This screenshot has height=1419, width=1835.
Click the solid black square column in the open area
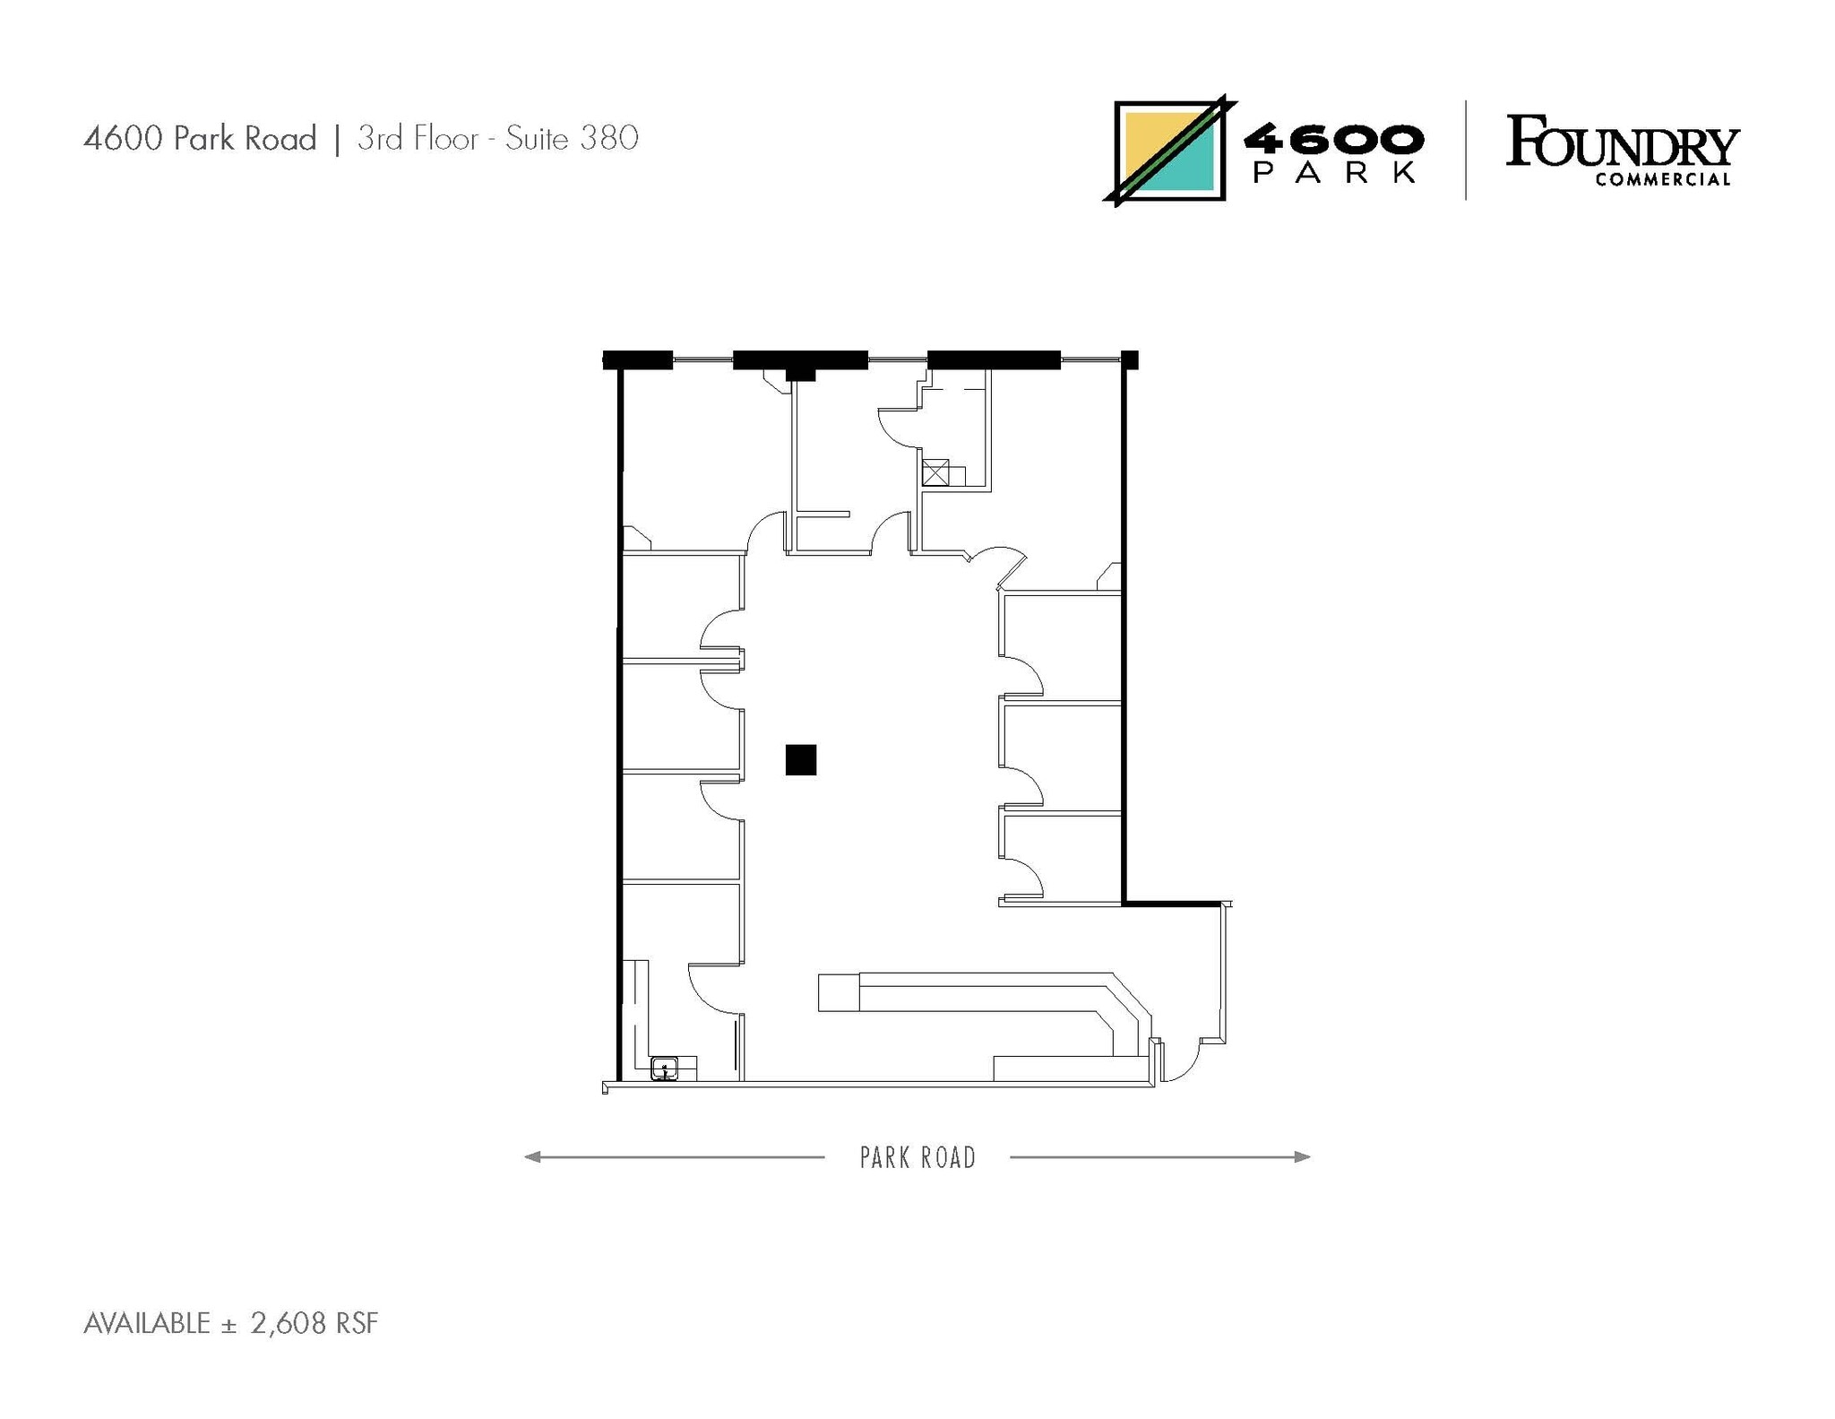coord(800,759)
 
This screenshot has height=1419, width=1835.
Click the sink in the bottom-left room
coord(663,1068)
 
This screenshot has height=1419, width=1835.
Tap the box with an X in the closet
coord(935,472)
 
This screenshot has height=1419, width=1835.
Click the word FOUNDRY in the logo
coord(1622,143)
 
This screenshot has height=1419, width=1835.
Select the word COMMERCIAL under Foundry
coord(1662,179)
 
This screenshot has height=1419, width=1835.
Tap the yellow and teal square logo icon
coord(1169,151)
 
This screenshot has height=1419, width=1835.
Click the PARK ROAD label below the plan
coord(917,1157)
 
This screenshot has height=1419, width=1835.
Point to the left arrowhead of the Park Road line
coord(531,1156)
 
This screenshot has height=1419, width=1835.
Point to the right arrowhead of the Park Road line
coord(1304,1156)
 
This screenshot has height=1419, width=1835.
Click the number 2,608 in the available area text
coord(288,1323)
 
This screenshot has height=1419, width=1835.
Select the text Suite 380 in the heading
coord(572,138)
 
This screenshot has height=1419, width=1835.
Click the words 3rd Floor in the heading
coord(418,138)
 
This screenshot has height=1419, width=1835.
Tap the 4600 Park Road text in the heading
coord(200,138)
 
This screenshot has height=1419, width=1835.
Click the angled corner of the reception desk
coord(1131,999)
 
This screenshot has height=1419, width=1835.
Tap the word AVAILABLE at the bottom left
coord(147,1323)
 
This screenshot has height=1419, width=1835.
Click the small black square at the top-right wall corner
coord(1130,359)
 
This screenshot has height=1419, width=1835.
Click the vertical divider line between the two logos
coord(1466,150)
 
